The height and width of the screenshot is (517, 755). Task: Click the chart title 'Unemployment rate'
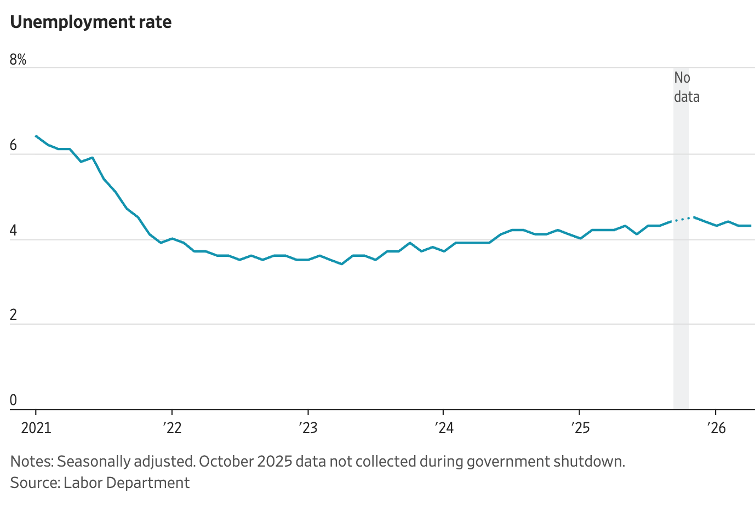point(90,22)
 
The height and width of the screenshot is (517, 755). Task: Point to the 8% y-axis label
point(18,60)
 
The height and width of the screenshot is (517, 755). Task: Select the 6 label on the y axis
point(13,145)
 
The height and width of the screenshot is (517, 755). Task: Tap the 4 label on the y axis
point(13,231)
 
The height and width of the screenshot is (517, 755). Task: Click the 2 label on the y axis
point(13,315)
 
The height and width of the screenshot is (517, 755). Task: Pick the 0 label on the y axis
point(13,400)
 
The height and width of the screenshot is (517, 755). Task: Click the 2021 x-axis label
point(36,428)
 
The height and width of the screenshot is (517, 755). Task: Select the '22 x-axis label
point(172,428)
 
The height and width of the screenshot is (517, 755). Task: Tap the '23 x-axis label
point(308,428)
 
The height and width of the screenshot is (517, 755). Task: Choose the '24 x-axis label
point(444,428)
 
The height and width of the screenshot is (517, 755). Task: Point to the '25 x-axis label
point(580,428)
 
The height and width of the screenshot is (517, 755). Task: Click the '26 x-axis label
point(717,428)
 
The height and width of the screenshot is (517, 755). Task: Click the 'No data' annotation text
point(687,87)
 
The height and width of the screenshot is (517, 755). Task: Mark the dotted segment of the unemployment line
point(682,220)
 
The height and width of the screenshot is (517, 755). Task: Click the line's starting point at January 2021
point(36,136)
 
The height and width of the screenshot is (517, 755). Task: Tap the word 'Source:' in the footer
point(35,482)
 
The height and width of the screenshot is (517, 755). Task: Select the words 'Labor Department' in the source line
point(127,483)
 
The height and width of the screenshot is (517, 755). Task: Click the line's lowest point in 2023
point(342,264)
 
